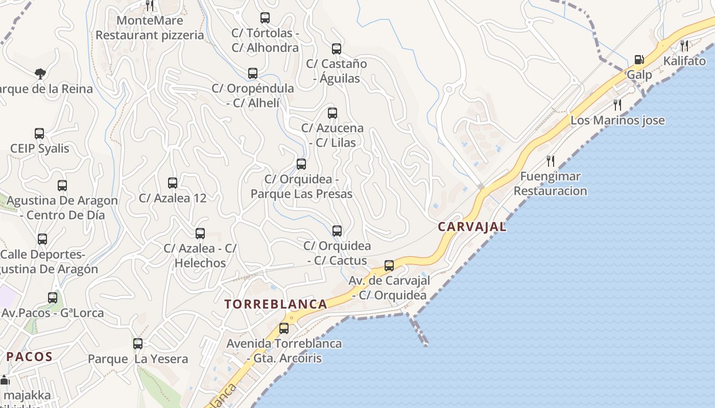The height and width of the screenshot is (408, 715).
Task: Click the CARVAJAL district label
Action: tap(472, 227)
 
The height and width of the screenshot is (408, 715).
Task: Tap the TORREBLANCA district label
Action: tap(276, 304)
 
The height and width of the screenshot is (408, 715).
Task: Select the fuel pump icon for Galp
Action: tap(639, 60)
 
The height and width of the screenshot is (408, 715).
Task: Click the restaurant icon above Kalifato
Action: tap(684, 46)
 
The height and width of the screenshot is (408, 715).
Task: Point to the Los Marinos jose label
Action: tap(617, 120)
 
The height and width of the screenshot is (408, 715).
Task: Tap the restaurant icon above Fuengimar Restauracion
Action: tap(551, 161)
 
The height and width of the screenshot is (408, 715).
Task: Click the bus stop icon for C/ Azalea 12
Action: tap(173, 183)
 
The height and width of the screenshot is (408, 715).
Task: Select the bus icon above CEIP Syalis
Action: tap(39, 134)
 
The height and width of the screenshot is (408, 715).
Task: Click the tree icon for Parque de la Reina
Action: tap(40, 74)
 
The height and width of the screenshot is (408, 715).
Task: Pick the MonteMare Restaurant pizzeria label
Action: tap(150, 28)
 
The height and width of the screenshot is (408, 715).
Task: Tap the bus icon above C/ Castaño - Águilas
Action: tap(337, 49)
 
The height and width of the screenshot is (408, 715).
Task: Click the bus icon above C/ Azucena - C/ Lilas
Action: tap(332, 113)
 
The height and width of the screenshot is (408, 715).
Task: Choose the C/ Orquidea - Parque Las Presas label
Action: tap(301, 187)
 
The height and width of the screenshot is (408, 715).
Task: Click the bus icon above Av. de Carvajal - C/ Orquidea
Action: tap(389, 266)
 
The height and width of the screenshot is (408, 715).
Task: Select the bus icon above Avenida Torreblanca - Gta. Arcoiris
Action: tap(284, 328)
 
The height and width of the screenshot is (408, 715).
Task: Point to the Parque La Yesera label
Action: tap(138, 359)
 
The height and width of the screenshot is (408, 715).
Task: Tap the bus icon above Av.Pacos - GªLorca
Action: tap(53, 298)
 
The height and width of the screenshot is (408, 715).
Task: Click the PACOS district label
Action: tap(30, 356)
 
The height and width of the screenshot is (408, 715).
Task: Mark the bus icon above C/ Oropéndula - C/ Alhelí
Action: tap(253, 73)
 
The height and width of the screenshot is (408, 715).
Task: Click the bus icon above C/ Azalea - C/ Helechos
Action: tap(200, 234)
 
